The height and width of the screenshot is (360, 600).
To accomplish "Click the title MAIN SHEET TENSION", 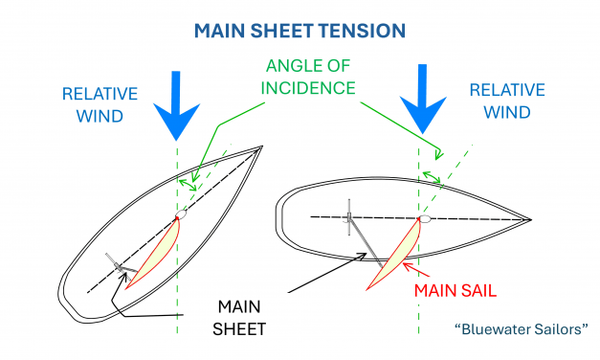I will coord(300,30).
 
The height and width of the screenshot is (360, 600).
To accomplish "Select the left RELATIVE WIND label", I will coord(101,106).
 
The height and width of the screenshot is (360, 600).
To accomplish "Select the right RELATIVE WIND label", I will coord(505,99).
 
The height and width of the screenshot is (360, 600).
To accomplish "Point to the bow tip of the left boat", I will coord(263,147).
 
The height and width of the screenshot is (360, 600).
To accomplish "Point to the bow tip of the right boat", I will coord(531,219).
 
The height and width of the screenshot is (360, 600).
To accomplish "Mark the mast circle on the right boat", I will coord(426,218).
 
